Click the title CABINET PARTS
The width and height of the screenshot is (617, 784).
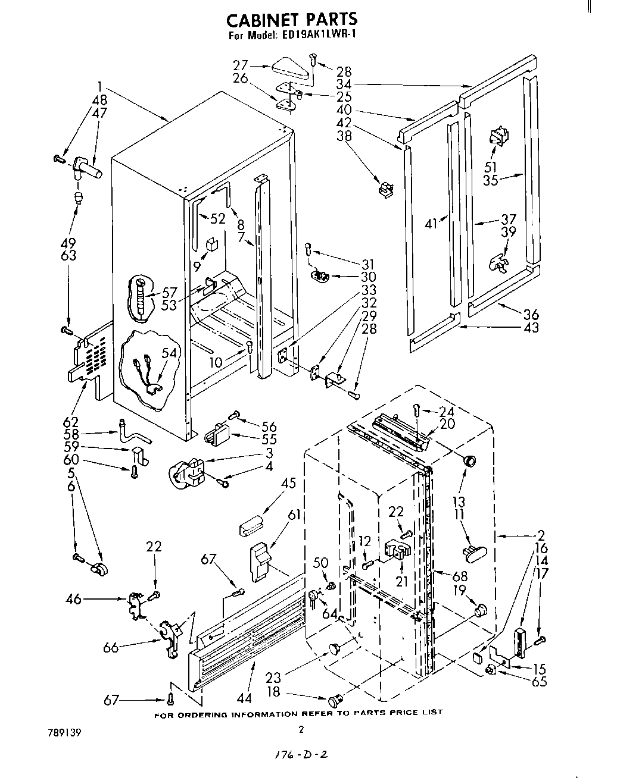(292, 20)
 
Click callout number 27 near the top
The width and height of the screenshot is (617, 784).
(240, 65)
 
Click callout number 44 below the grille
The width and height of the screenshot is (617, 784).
(244, 698)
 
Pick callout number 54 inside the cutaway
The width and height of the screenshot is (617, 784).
(169, 353)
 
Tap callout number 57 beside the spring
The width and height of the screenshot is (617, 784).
(170, 291)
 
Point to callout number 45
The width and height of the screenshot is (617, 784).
(288, 484)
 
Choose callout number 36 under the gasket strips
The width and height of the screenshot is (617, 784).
(531, 315)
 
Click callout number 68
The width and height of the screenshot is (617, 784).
(459, 576)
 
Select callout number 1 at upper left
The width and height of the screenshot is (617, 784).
(100, 84)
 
